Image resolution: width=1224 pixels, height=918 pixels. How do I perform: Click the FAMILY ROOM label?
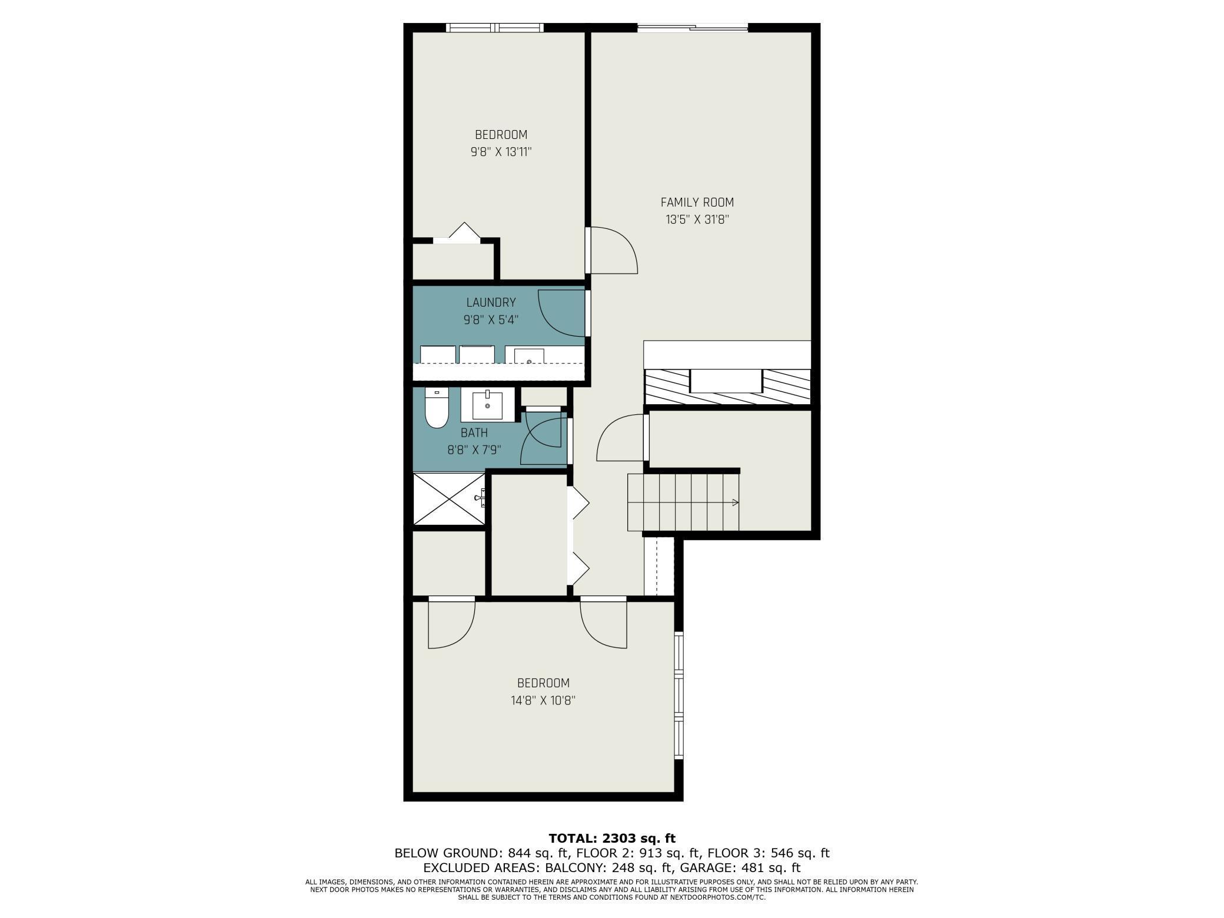coord(697,202)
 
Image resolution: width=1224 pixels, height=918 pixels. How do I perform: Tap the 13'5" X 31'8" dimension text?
coord(697,220)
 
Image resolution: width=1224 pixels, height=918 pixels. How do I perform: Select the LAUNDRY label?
coord(491,302)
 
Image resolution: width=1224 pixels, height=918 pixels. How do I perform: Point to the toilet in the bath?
coord(437,409)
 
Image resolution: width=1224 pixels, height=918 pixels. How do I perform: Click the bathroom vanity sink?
coord(487,405)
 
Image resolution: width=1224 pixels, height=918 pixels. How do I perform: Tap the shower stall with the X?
coord(449,499)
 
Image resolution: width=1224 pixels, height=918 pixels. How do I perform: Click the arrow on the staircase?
coord(734,503)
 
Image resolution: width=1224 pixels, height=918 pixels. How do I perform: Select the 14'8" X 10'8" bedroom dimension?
coord(543,701)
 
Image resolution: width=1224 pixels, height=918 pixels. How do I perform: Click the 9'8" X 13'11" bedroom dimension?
coord(501,152)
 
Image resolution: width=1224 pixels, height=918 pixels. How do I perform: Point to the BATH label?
coord(474,433)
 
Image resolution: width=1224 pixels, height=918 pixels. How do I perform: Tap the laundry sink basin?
coord(528,356)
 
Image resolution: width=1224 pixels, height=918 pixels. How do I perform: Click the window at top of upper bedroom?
coord(494,27)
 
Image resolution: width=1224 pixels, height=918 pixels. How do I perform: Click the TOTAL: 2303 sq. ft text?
coord(612,839)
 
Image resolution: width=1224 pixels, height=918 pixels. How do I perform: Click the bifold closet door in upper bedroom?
coord(464,232)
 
